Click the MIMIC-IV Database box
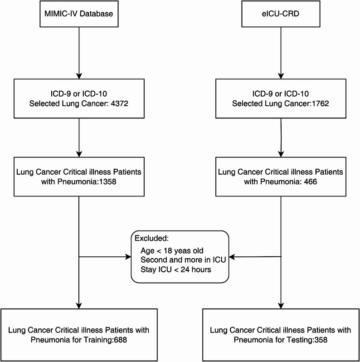coord(79,14)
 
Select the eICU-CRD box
coord(281,14)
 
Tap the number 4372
coord(119,103)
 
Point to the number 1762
coord(320,103)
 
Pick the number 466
coord(311,182)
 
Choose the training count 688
coord(120,340)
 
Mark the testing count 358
coord(321,340)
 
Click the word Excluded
coord(151,238)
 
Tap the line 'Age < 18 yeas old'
coord(172,251)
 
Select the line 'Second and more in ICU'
coord(183,260)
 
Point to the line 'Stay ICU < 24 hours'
coord(176,269)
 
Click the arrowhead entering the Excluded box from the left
coord(128,257)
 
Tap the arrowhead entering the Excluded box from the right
coord(232,257)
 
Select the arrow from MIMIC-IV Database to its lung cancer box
coord(79,53)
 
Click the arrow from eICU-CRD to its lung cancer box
coord(281,53)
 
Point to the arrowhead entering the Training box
coord(79,306)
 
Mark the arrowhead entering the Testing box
coord(281,306)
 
